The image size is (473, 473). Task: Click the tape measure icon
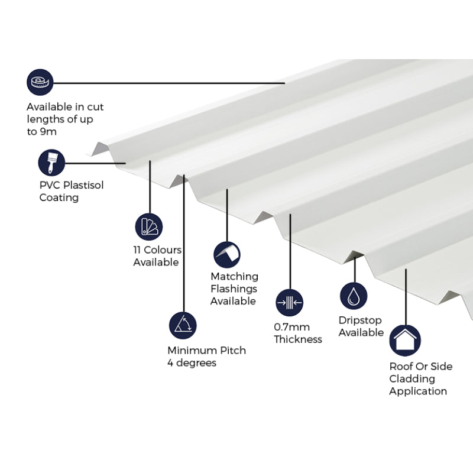pyautogui.click(x=40, y=82)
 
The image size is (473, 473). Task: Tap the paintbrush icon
pyautogui.click(x=51, y=163)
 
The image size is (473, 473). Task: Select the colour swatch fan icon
pyautogui.click(x=148, y=226)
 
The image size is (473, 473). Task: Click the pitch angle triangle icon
pyautogui.click(x=182, y=325)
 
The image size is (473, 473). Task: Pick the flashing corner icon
pyautogui.click(x=227, y=254)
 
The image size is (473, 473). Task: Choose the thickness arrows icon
pyautogui.click(x=289, y=303)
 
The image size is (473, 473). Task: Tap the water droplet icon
pyautogui.click(x=354, y=296)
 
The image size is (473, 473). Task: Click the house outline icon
pyautogui.click(x=405, y=340)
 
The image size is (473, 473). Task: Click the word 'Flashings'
pyautogui.click(x=234, y=289)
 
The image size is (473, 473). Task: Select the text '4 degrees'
pyautogui.click(x=192, y=363)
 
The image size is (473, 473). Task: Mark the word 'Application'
pyautogui.click(x=417, y=391)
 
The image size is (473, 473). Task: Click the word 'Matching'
pyautogui.click(x=234, y=276)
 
